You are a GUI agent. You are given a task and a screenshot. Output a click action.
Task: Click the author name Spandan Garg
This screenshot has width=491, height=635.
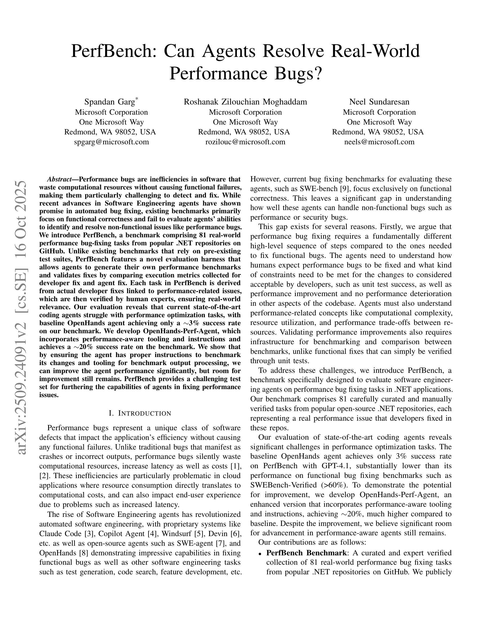coord(109,102)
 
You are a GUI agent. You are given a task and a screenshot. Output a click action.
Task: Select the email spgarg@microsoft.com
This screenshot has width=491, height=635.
coord(112,142)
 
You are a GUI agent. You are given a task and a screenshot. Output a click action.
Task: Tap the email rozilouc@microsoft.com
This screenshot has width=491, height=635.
coord(245,142)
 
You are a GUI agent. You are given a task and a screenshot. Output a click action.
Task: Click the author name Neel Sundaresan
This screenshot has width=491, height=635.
coord(379,102)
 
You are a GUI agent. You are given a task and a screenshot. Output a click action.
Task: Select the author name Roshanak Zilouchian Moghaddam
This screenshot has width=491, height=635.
coord(245,102)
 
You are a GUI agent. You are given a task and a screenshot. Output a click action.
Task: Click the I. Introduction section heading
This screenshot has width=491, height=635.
coord(140,413)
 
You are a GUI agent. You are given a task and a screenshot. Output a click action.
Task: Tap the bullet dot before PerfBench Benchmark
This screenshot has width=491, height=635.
coord(259,553)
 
